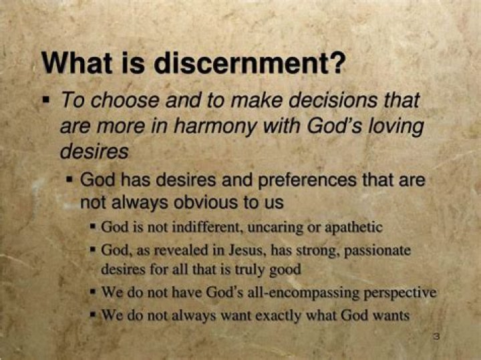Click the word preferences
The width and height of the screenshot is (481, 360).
(307, 181)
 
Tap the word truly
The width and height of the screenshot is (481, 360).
(252, 270)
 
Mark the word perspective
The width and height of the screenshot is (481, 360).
(399, 293)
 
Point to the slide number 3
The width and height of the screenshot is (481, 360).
(438, 337)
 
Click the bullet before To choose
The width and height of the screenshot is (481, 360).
(46, 100)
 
